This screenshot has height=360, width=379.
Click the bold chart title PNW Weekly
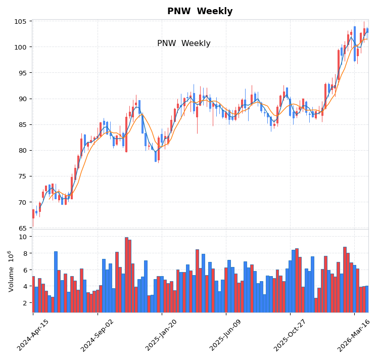coord(200,12)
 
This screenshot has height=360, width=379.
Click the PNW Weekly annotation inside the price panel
coord(183,43)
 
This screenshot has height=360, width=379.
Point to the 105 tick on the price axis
coord(21,22)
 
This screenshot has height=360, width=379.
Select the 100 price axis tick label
coord(21,48)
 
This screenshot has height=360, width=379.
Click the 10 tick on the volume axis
coord(23,237)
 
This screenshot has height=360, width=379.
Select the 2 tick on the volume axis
coord(25,303)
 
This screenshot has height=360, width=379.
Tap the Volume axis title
coord(11,271)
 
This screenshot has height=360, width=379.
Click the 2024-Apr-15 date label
coord(33,335)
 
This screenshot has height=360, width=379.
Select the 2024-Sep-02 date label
coord(98,335)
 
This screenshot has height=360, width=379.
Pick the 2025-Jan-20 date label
coord(162,335)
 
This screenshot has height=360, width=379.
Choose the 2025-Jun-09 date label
coord(226,335)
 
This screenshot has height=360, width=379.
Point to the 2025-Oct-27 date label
coord(290,335)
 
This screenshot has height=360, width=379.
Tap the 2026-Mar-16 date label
coord(354,335)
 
